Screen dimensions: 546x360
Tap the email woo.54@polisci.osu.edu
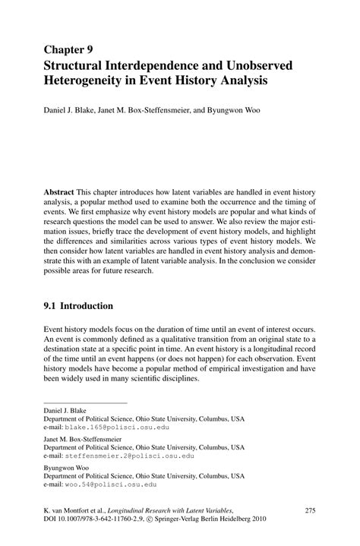pos(111,484)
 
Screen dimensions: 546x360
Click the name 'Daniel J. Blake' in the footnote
pos(67,409)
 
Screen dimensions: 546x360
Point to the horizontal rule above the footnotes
pos(85,402)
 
